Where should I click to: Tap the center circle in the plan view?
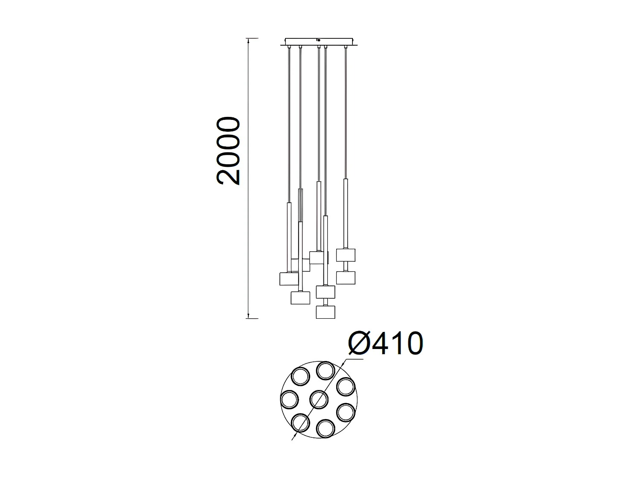coord(319,399)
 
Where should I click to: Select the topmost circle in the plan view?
coord(325,370)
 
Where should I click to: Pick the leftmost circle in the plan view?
coord(290,399)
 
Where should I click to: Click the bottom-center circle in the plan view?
coord(325,428)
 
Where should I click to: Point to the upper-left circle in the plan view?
coord(300,378)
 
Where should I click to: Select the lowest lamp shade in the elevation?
coord(325,312)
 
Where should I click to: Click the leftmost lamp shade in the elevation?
coord(289,279)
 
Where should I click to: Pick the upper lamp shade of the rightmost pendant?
coord(346,255)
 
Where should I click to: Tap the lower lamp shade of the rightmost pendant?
coord(346,278)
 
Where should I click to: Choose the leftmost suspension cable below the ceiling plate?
coord(290,124)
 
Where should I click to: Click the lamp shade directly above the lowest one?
coord(325,292)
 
